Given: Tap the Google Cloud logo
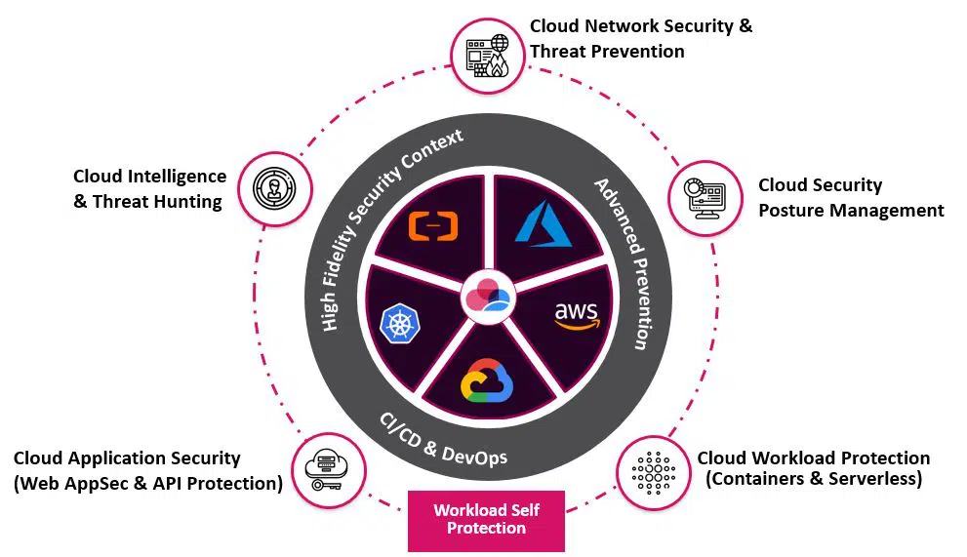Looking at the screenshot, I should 486,379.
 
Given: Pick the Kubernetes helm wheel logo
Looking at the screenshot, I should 398,324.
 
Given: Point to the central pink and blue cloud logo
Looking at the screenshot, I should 486,296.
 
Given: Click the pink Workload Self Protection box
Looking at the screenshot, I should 486,519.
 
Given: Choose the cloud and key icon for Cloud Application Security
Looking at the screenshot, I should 328,470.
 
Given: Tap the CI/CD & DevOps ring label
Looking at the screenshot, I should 443,440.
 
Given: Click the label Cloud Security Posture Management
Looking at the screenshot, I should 850,198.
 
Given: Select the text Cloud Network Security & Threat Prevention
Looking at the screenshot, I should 640,39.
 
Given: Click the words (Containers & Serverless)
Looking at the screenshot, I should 813,479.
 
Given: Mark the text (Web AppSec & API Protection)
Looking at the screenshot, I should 148,483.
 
